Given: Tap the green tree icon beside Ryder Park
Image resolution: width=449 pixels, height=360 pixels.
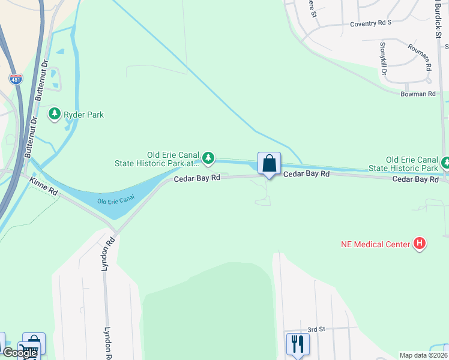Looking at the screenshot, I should [55, 113].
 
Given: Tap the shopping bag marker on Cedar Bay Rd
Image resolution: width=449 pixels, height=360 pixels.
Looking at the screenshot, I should [269, 163].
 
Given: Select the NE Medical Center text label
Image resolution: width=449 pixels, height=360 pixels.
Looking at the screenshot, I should [376, 244].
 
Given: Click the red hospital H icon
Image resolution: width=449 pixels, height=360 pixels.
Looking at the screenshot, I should [420, 244].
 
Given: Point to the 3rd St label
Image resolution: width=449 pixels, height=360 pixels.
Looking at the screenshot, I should [316, 329].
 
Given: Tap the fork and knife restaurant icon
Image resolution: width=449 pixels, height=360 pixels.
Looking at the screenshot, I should [298, 344].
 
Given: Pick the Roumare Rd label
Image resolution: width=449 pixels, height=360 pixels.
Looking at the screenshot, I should [420, 58].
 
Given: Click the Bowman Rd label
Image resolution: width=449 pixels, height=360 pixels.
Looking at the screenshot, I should [419, 94].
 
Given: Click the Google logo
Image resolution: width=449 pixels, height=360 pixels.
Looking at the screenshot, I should [19, 353].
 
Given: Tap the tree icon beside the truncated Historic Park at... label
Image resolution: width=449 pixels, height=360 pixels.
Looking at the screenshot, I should [208, 158].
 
